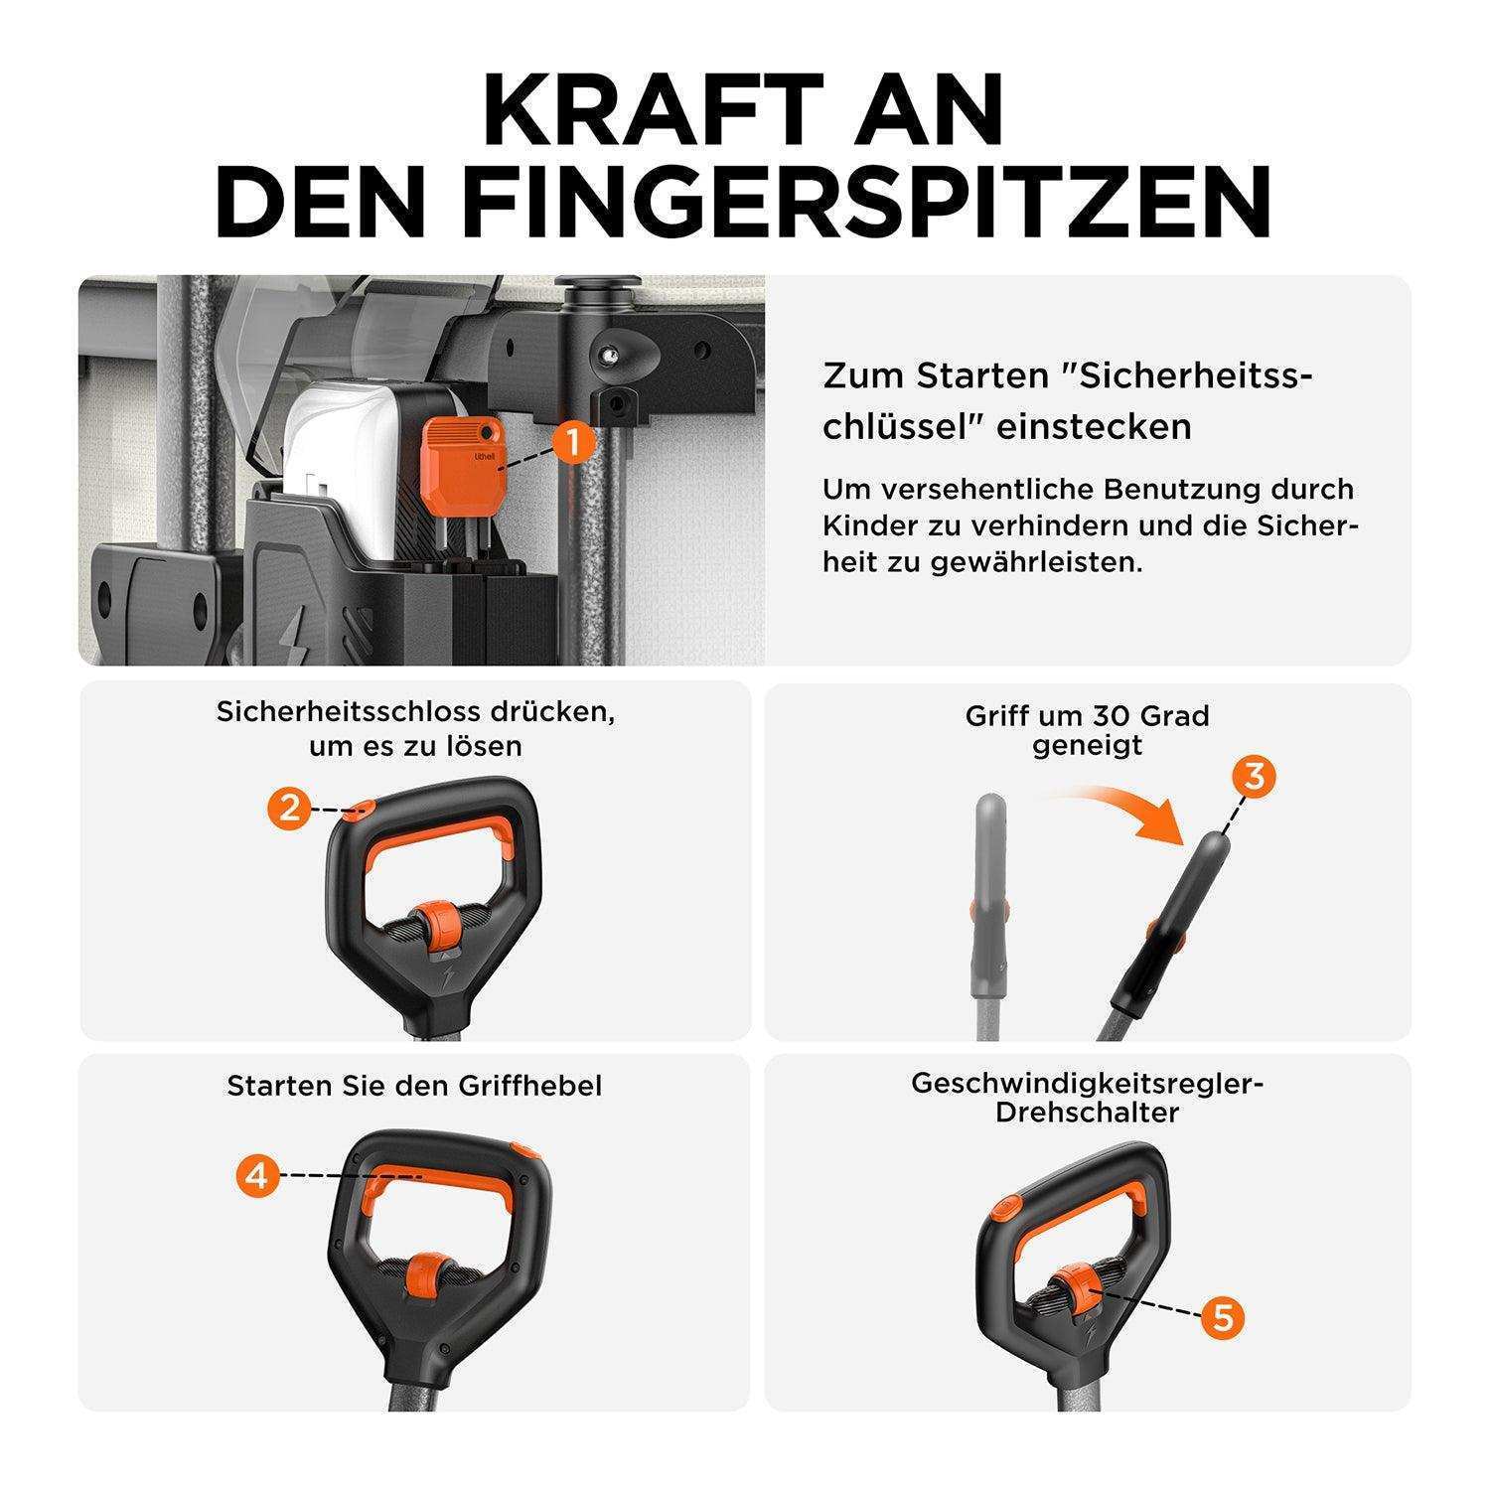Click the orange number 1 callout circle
[573, 442]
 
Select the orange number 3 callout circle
[1255, 776]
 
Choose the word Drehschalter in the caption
[1087, 1113]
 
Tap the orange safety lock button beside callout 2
[362, 805]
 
